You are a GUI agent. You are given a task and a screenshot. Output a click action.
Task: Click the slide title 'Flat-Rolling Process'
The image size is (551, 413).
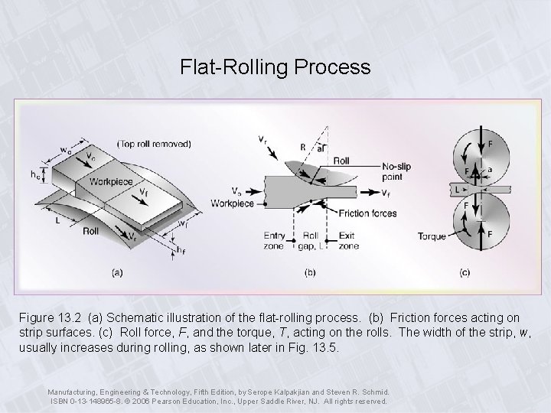click(x=275, y=67)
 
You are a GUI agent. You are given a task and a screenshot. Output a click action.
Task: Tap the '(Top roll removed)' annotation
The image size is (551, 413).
click(x=154, y=143)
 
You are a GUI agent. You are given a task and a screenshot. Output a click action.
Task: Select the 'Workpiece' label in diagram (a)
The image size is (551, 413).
click(x=111, y=182)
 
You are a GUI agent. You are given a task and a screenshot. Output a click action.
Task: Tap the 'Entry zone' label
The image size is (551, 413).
click(x=274, y=241)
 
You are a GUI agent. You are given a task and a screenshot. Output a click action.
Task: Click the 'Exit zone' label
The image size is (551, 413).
click(x=348, y=241)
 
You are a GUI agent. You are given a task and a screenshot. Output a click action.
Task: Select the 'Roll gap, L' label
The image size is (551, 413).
click(x=311, y=241)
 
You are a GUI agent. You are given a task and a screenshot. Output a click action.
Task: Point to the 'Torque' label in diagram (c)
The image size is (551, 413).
click(x=432, y=236)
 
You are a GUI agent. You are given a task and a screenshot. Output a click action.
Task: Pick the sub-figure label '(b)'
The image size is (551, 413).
click(x=311, y=272)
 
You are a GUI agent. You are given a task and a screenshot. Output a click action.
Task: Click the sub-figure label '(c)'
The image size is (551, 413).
click(x=465, y=272)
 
